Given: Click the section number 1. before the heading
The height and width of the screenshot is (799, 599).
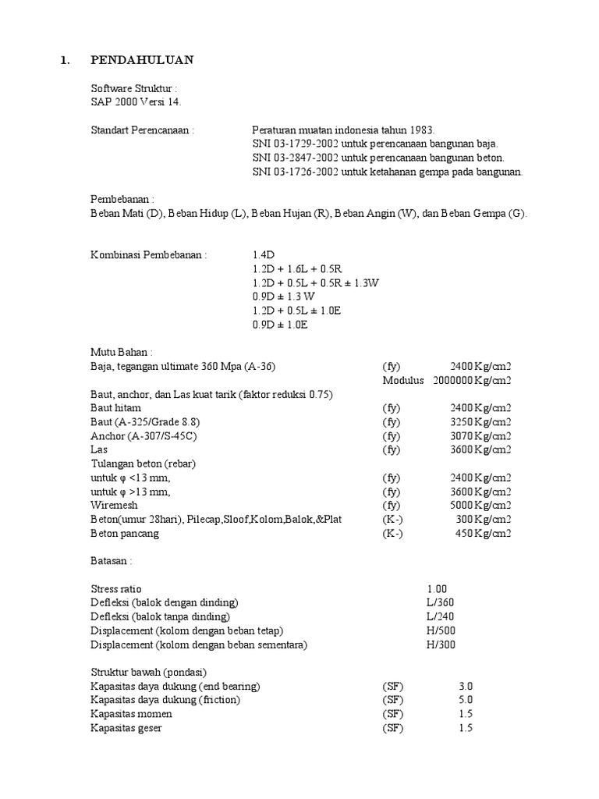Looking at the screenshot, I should [66, 60].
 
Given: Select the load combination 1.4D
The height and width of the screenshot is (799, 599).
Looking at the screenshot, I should [264, 255].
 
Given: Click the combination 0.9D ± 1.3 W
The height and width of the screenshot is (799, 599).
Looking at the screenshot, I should [284, 297].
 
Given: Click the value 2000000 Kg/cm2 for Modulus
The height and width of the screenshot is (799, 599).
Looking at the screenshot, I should [470, 381].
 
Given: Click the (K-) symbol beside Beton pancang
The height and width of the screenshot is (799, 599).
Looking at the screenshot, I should [393, 534].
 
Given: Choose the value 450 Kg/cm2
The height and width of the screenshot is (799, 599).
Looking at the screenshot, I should [483, 534].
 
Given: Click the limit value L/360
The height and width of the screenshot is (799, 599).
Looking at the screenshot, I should [440, 603].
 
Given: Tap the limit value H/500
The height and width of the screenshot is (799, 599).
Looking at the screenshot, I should [441, 630].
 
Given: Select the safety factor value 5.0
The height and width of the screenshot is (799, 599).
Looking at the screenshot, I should [466, 700].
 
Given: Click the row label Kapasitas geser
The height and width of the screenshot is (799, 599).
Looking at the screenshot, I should [127, 728].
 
